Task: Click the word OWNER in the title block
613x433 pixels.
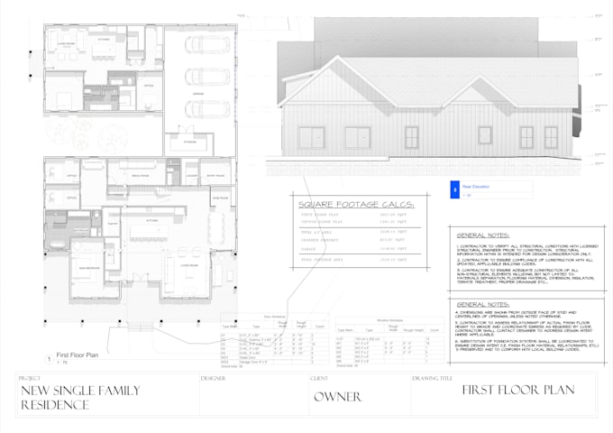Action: [x=338, y=396]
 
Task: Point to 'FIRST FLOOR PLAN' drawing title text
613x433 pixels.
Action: [x=506, y=391]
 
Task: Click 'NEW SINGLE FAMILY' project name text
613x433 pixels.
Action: [x=79, y=390]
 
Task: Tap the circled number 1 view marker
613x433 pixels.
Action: [x=49, y=358]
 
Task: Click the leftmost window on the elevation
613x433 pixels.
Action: [x=312, y=137]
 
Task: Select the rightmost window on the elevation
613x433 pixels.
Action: [x=550, y=137]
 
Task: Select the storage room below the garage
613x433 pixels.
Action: [x=190, y=143]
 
